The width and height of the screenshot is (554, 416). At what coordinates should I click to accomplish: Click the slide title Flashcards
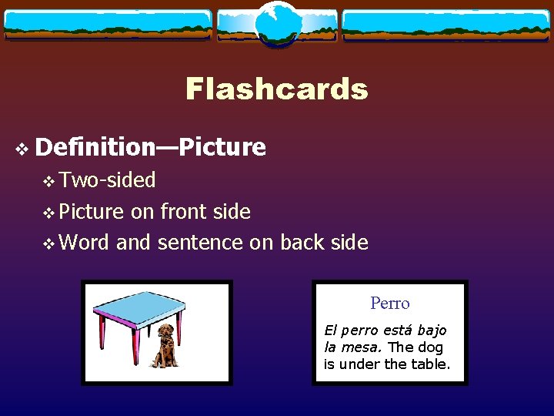coord(277,89)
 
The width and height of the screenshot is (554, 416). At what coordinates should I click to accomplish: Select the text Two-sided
coord(108,180)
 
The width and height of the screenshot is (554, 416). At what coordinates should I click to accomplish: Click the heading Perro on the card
coord(390,304)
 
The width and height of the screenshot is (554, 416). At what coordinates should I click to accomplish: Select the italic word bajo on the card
coord(429,330)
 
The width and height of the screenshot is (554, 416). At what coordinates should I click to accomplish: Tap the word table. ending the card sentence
coord(430,364)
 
